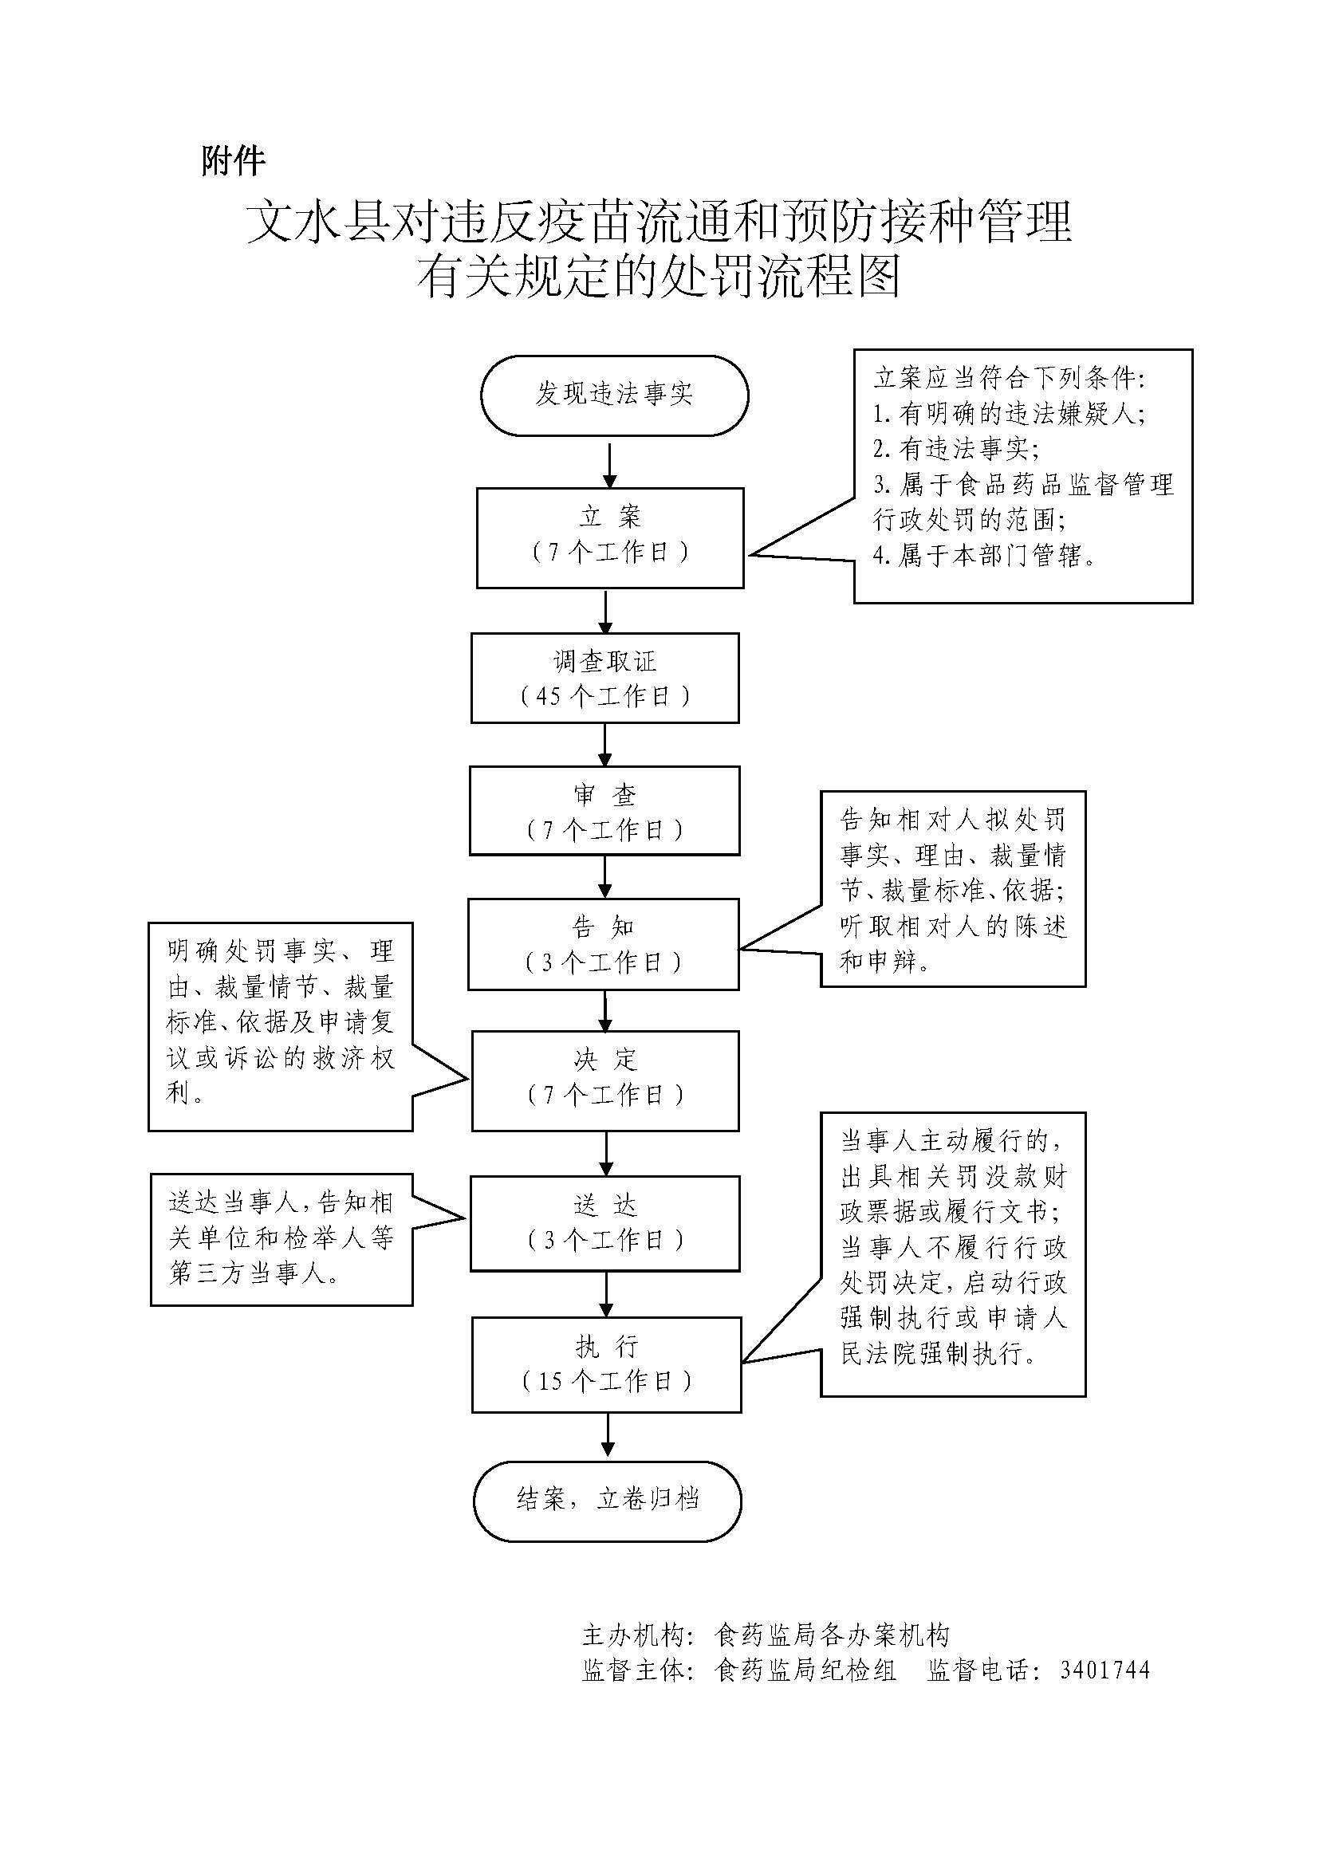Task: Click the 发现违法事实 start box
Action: coord(614,395)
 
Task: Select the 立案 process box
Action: coord(610,537)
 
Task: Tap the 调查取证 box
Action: coord(605,679)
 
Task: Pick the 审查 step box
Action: coord(604,811)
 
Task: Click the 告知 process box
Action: coord(604,944)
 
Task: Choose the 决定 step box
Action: coord(605,1080)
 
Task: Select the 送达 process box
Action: coord(605,1223)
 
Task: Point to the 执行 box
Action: coord(607,1364)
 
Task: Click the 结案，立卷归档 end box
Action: coord(608,1499)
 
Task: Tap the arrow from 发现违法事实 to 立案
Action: coord(610,465)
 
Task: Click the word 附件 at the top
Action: coord(233,161)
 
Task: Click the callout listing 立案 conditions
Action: coord(1022,476)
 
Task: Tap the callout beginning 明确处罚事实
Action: coord(280,1026)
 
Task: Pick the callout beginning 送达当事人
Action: coord(281,1240)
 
